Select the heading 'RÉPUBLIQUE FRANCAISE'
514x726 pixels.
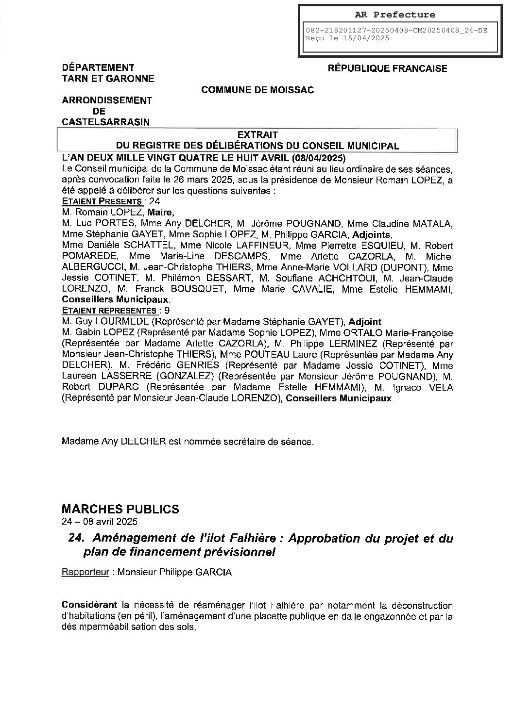tap(387, 68)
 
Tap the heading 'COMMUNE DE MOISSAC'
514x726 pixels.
tap(257, 90)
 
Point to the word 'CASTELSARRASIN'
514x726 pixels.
tap(106, 122)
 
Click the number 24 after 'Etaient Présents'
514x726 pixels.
tap(154, 201)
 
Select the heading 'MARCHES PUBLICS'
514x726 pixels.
tap(120, 509)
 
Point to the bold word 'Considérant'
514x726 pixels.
tap(90, 606)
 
